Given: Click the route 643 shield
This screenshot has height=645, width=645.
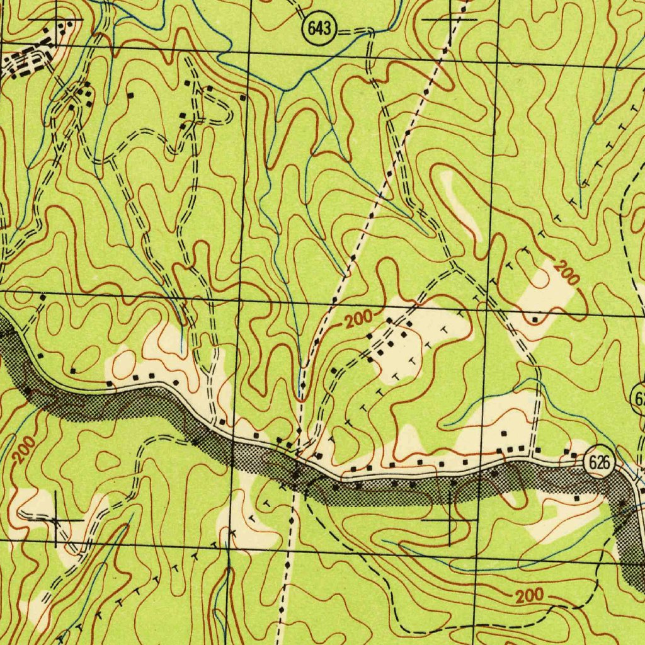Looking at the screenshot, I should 320,28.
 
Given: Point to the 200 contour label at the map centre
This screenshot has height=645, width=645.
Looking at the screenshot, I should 358,320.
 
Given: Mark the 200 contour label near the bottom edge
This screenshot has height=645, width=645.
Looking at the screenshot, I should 528,596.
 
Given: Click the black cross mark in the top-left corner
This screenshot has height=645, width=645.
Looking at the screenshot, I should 55,21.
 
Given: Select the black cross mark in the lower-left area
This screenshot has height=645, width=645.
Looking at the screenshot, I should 56,520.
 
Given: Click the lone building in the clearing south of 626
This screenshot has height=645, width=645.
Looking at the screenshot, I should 577,498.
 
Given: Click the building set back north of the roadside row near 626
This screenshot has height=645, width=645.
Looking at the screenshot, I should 504,433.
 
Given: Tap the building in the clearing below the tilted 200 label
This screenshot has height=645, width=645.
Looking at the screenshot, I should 535,320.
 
